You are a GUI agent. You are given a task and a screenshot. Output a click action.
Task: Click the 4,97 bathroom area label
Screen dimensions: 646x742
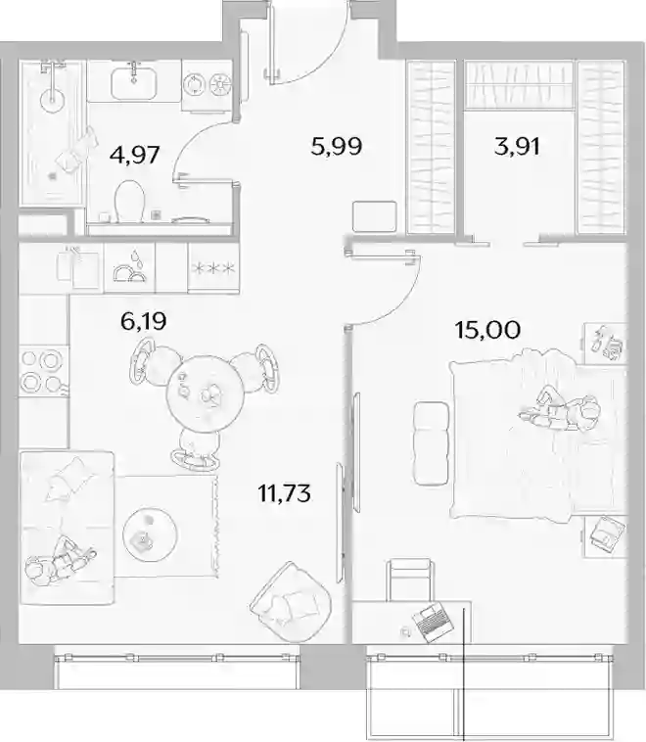tap(134, 155)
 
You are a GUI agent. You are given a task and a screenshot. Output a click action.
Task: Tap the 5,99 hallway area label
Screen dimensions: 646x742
tap(337, 146)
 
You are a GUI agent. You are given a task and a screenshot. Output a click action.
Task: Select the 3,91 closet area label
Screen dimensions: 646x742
tap(517, 146)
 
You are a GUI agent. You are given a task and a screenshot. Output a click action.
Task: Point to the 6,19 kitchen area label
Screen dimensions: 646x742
tap(144, 322)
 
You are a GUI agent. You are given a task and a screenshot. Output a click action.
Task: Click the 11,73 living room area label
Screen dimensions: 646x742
tap(284, 493)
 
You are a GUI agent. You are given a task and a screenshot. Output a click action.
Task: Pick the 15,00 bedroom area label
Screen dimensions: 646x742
tap(487, 329)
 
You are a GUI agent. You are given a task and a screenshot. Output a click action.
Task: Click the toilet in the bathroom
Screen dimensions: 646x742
tap(129, 201)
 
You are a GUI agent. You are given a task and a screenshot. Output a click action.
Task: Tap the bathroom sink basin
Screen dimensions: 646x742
tap(134, 81)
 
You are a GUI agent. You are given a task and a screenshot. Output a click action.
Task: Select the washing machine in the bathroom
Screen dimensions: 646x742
tap(208, 85)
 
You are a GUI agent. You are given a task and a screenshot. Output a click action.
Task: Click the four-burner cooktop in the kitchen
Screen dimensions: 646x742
tap(43, 371)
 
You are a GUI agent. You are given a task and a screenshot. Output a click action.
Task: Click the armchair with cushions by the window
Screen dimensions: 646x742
tap(290, 601)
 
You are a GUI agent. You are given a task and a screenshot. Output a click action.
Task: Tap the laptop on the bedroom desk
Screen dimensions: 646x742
tap(433, 623)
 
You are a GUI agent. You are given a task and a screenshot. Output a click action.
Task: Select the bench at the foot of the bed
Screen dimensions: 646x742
tap(431, 443)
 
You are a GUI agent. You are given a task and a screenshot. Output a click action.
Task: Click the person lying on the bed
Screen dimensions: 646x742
tap(561, 408)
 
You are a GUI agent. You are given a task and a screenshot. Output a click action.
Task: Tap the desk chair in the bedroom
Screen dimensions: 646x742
tap(409, 580)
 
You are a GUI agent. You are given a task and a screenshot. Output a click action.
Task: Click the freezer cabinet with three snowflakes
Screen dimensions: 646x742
tap(213, 268)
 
